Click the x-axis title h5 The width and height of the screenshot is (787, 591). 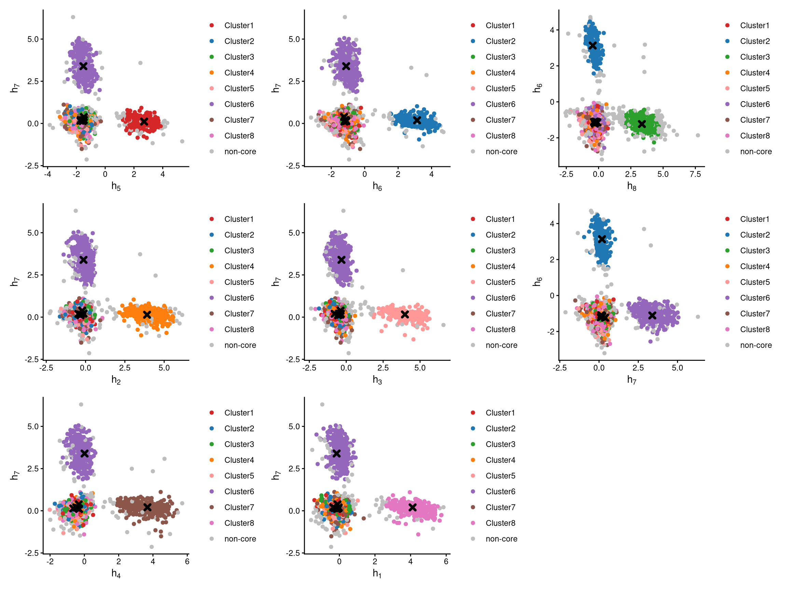(x=116, y=186)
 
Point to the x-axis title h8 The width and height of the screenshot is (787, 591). (x=632, y=186)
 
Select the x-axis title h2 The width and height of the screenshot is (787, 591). (x=116, y=380)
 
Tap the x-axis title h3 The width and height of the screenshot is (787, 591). (x=377, y=380)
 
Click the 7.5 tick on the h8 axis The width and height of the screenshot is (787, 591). (x=695, y=174)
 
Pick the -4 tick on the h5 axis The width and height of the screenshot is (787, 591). (x=47, y=174)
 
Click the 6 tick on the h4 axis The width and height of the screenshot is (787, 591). (x=187, y=562)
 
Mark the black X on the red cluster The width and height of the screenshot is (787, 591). (x=144, y=121)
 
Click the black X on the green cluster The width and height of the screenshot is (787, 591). (x=641, y=124)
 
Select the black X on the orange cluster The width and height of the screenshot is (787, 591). (x=147, y=315)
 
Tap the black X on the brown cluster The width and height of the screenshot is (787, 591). (x=147, y=507)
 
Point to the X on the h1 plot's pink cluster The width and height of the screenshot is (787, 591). (x=412, y=507)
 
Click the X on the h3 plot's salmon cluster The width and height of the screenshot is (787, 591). (x=404, y=314)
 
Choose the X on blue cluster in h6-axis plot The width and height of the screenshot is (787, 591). (x=417, y=120)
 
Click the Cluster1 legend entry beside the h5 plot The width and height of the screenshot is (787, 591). (x=239, y=25)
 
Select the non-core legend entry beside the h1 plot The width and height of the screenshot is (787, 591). (x=501, y=539)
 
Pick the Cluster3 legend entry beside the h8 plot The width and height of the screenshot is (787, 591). (x=755, y=57)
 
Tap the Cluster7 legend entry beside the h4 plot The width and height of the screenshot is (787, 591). (x=239, y=507)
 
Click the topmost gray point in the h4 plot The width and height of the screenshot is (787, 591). (x=81, y=404)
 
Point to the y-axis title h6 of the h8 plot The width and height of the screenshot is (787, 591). (x=537, y=88)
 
